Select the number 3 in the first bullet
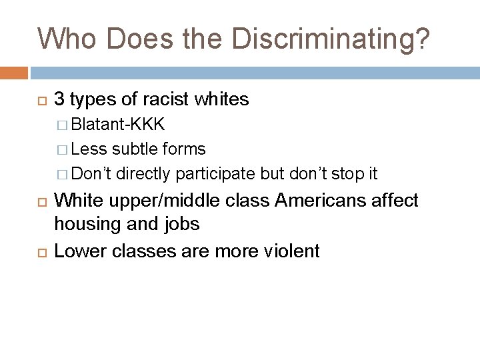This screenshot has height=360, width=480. pyautogui.click(x=59, y=100)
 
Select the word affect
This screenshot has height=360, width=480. pyautogui.click(x=394, y=201)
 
